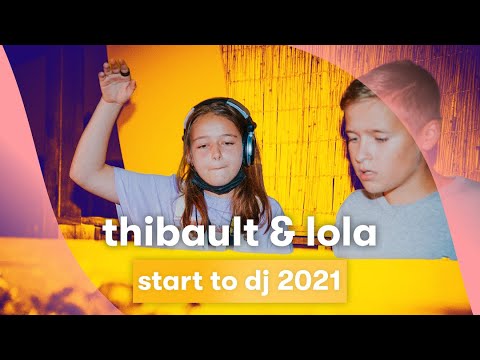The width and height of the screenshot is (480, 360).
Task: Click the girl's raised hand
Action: pos(117,80)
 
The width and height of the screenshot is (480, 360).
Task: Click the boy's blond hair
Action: pos(390,85)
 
